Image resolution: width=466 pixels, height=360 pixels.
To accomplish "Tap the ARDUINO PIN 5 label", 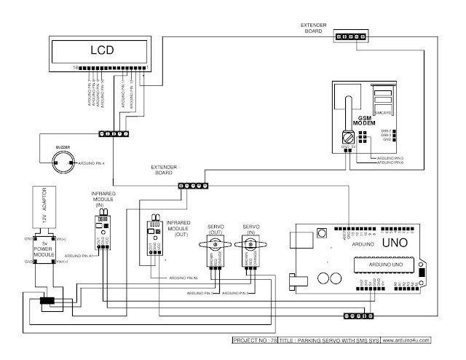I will pyautogui.click(x=389, y=158).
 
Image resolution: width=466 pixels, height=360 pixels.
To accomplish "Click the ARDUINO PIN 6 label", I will pyautogui.click(x=389, y=163).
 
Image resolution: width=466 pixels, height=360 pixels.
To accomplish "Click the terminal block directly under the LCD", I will pyautogui.click(x=115, y=133).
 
